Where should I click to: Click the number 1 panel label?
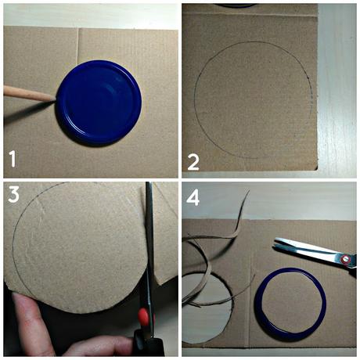coord(13,160)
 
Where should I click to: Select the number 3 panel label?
coord(13,195)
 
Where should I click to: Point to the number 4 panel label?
coord(193,197)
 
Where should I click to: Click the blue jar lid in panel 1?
coord(99,101)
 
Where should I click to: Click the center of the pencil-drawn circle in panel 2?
coord(253,100)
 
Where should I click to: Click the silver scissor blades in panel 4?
coord(301,248)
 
